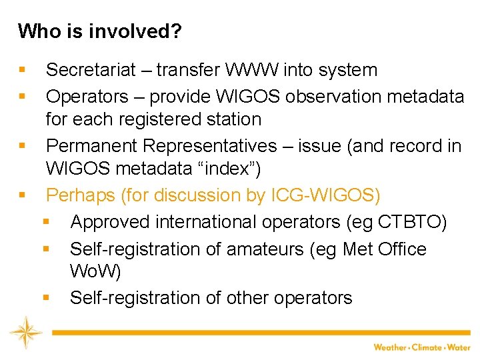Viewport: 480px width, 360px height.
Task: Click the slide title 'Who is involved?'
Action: point(99,31)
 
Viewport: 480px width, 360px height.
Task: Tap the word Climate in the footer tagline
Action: point(427,347)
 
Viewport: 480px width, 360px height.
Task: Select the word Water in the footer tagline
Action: point(459,347)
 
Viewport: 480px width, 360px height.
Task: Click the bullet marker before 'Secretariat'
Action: point(23,70)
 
